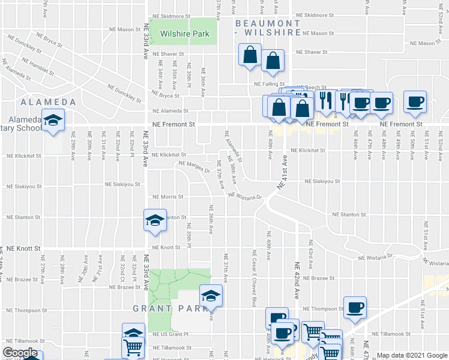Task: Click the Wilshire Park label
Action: point(184,34)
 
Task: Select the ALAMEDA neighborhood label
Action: point(47,102)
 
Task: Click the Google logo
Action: point(20,353)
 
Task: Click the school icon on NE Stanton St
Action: point(155,220)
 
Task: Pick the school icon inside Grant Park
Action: point(211,295)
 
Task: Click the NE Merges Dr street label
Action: point(193,167)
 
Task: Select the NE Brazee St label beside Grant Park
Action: point(125,287)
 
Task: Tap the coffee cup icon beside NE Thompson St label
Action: point(354,307)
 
